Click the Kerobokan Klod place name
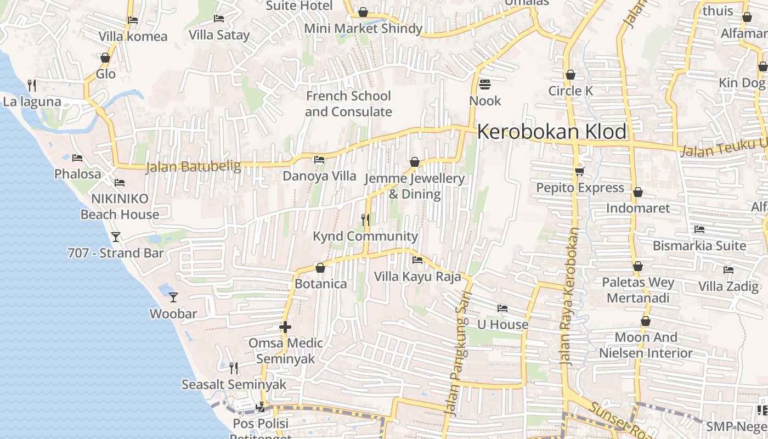point(551,132)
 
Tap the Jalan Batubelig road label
point(193,166)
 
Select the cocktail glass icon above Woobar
point(173,297)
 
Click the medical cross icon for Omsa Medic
point(285,328)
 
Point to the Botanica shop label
point(321,284)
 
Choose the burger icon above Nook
point(485,85)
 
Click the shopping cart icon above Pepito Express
point(580,172)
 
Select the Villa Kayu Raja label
point(417,277)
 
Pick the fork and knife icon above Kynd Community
point(365,220)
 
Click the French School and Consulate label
point(348,104)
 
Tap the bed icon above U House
point(502,308)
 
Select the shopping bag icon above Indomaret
point(637,193)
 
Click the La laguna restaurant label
point(32,102)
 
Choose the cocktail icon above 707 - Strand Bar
point(115,237)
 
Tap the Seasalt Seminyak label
point(234,385)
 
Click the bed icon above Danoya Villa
point(319,160)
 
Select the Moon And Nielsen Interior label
point(646,345)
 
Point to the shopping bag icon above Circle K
point(571,75)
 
